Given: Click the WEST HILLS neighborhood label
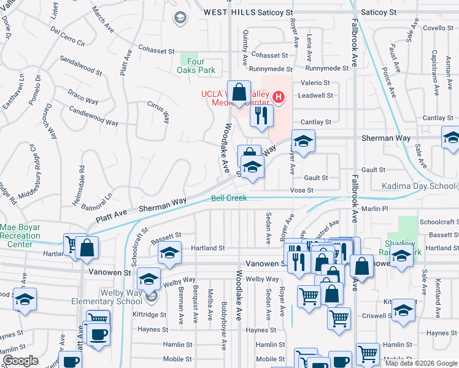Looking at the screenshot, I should (x=226, y=12).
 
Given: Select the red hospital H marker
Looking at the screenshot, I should (x=279, y=97).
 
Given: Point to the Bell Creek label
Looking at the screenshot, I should (x=229, y=198).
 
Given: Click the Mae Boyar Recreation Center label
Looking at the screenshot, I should (x=20, y=236).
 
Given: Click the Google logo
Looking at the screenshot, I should (x=20, y=361).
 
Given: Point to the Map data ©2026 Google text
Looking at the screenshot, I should (x=420, y=363).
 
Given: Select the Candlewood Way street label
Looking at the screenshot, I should (x=93, y=115).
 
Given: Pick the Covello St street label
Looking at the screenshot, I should (x=438, y=28).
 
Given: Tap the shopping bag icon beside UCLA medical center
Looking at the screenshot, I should (x=239, y=91).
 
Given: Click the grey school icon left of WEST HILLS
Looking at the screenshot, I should (x=180, y=17).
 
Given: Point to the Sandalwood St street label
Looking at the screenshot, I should (x=80, y=67).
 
